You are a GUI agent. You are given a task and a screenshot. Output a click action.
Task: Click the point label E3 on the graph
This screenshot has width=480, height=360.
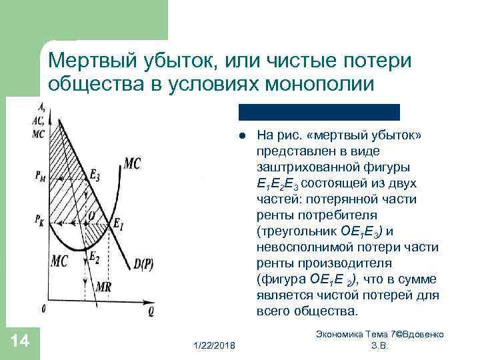click(96, 177)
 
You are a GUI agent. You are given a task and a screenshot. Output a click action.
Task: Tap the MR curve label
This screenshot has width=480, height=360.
click(105, 286)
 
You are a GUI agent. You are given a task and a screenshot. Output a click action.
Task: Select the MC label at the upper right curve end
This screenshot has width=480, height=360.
click(132, 163)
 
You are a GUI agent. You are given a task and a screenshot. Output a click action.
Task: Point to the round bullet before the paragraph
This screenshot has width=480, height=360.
click(243, 135)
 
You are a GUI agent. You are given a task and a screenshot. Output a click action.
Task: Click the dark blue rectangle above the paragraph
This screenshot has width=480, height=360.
click(319, 111)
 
